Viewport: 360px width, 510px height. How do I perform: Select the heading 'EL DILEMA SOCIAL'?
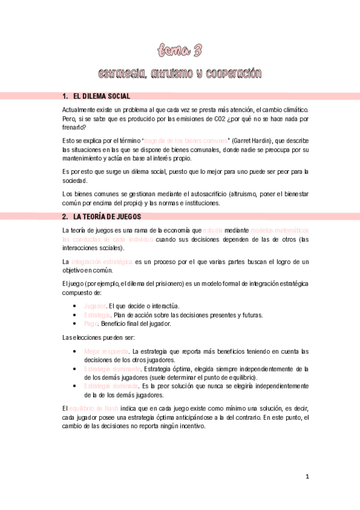tap(101, 96)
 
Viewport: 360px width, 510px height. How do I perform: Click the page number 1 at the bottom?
tap(307, 477)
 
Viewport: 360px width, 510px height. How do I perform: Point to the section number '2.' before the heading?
tap(66, 216)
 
